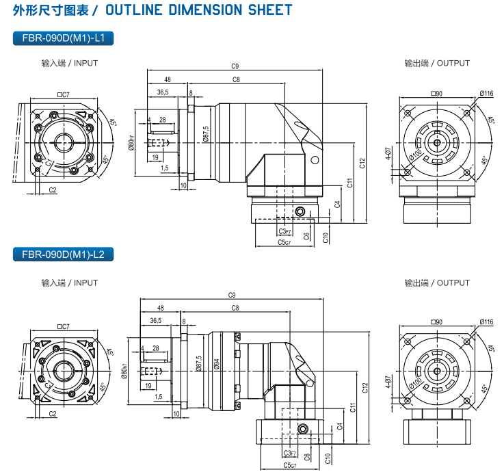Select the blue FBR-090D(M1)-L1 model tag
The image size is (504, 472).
tap(63, 38)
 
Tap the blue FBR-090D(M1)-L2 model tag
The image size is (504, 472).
tap(63, 254)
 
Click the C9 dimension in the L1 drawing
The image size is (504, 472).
tap(235, 66)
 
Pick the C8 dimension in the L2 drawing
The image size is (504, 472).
tap(235, 309)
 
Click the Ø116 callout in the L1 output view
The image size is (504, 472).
tap(486, 94)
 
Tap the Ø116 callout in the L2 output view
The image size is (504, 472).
tap(486, 322)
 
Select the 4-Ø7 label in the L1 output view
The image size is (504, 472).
tap(388, 154)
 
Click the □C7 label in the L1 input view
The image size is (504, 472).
tap(64, 95)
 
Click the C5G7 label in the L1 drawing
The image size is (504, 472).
tap(284, 242)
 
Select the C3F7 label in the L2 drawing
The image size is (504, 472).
tap(289, 454)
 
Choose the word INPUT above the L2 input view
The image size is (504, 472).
tap(85, 283)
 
